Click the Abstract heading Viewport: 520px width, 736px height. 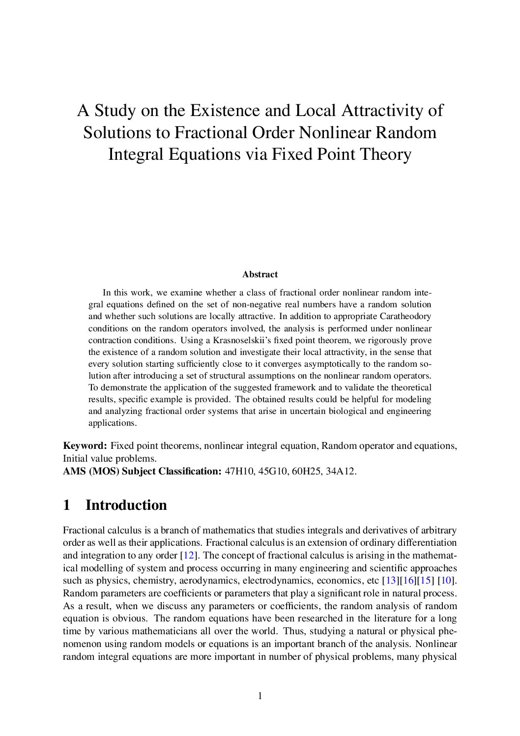(260, 274)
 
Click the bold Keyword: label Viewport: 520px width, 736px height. (85, 446)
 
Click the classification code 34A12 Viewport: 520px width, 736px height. (340, 471)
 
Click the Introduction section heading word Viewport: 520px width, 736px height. (126, 505)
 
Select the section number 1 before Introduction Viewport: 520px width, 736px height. (67, 505)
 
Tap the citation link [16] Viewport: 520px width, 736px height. (408, 581)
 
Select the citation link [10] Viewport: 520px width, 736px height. (446, 581)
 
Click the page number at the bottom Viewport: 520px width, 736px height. (260, 696)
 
